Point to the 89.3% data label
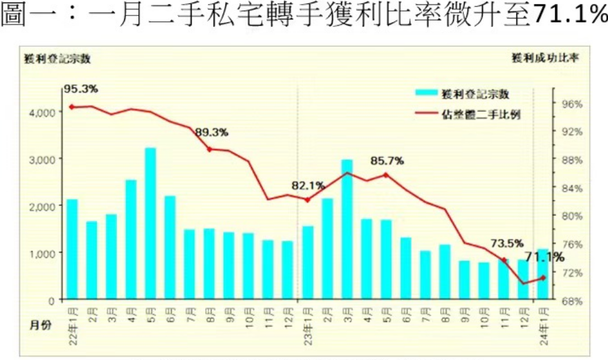point(212,132)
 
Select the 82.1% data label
point(308,186)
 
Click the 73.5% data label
point(507,244)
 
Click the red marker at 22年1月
point(71,107)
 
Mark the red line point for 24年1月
point(543,278)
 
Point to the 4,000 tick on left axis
point(42,112)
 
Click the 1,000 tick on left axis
point(42,253)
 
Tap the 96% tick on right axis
point(573,104)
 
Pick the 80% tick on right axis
point(573,216)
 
